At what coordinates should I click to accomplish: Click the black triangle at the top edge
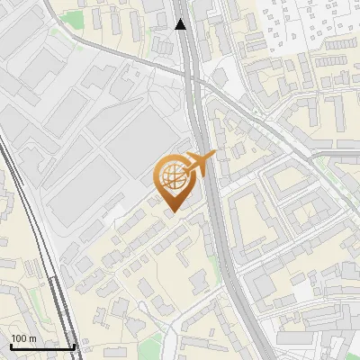coord(181,24)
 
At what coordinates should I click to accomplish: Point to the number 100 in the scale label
coord(18,338)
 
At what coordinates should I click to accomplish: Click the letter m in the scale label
coord(32,338)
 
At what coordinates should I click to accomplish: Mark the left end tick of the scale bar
coord(10,346)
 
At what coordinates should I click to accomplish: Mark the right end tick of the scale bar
coord(75,346)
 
